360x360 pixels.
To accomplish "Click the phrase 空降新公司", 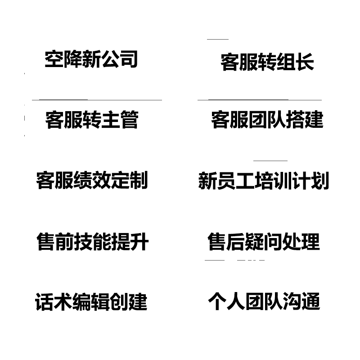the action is coord(91,59).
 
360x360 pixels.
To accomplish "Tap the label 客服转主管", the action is coord(91,120).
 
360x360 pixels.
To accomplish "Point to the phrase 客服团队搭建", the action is coord(267,120).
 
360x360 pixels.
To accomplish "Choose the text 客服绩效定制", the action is coord(92,180).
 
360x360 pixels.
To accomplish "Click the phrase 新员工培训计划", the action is coord(264,180).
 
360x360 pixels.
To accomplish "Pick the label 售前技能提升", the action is coord(92,242).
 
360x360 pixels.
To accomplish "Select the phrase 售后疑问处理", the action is coord(264,242).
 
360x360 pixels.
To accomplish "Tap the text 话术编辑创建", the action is coord(91,302).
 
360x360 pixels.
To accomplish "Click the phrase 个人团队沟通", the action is coord(264,302).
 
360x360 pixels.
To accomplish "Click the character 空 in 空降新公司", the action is coord(54,59).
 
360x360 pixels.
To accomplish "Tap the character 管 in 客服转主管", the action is coord(129,120).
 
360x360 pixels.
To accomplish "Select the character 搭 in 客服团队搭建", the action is coord(295,120).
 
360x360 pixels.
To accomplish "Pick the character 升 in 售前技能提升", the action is coord(139,242).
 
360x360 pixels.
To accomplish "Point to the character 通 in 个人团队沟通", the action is coord(311,302).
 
